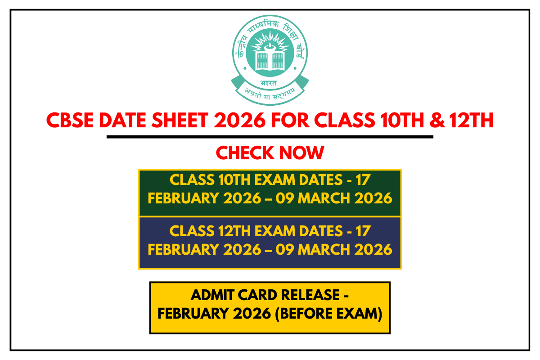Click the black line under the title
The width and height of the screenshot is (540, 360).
270,137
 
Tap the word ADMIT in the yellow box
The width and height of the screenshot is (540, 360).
210,296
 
